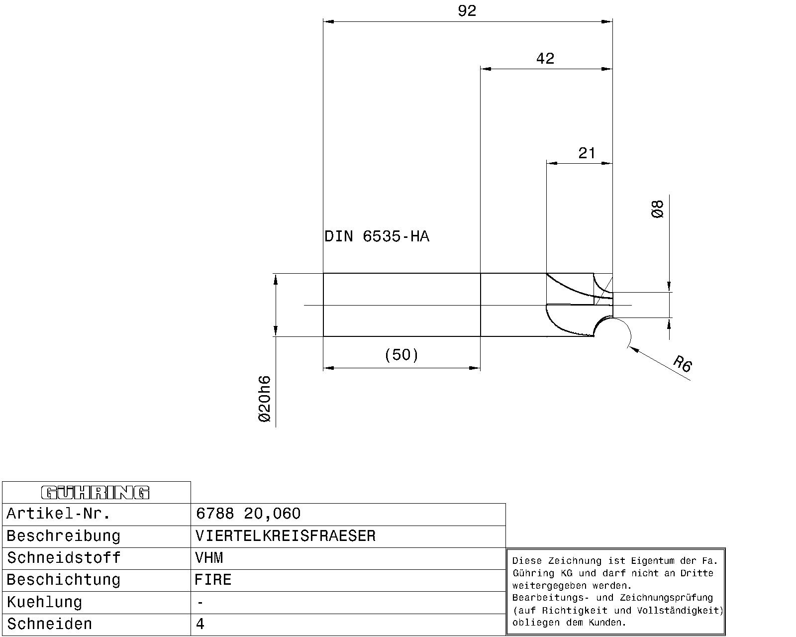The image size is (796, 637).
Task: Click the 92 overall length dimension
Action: tap(467, 11)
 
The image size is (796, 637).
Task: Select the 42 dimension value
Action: tap(545, 59)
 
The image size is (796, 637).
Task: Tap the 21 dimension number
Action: tap(587, 153)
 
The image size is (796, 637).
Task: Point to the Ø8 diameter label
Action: tap(657, 209)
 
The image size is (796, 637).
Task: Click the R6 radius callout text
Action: tap(683, 363)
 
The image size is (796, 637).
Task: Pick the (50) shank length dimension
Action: tap(401, 355)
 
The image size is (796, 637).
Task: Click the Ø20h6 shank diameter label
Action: tap(265, 399)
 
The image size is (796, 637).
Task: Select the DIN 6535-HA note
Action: tap(377, 236)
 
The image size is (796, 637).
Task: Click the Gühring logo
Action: tap(96, 493)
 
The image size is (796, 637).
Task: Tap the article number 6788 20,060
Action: tap(248, 514)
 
